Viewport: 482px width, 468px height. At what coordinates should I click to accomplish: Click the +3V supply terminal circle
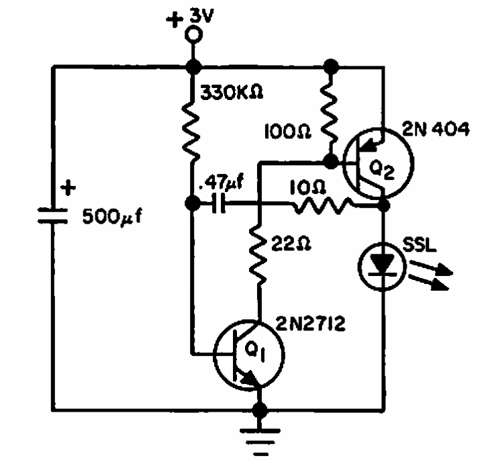193,34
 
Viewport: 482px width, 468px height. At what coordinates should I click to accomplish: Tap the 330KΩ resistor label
232,92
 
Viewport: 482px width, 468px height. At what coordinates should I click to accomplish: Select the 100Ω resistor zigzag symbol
330,113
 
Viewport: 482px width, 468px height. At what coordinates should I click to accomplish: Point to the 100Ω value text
288,132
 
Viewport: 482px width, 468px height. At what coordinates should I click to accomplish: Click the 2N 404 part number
436,129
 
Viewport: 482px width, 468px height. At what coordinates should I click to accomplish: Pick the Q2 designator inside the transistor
381,171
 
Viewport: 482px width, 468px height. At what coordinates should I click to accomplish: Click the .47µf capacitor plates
218,203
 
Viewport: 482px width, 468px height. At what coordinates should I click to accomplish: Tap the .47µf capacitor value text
221,183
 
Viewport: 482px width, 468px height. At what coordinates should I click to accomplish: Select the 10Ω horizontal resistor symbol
323,205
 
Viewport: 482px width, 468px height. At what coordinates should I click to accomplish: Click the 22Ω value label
291,244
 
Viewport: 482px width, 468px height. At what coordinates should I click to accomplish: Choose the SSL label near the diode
420,245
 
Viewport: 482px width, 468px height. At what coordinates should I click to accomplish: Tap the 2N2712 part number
310,324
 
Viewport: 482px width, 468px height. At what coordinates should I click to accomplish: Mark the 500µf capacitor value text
113,217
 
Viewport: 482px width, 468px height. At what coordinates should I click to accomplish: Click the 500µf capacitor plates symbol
52,216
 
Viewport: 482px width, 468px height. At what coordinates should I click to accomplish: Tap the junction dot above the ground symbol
260,410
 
